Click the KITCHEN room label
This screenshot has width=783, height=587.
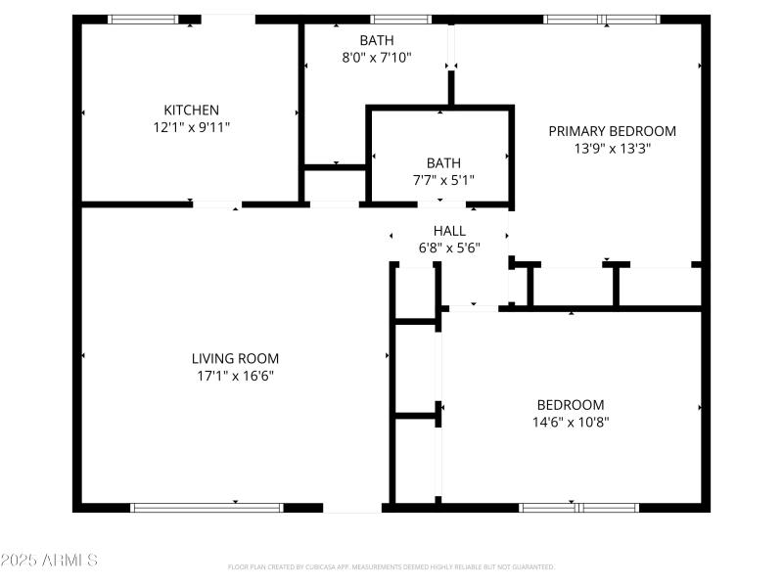pyautogui.click(x=191, y=110)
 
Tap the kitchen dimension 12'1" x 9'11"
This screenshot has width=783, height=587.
pyautogui.click(x=191, y=127)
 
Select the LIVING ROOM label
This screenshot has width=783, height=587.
pyautogui.click(x=235, y=358)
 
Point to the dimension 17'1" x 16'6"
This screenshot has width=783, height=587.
pyautogui.click(x=235, y=376)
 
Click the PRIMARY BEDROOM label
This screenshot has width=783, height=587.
pyautogui.click(x=612, y=131)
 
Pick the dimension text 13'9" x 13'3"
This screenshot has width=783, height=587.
pyautogui.click(x=612, y=149)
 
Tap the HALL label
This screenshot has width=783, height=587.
pyautogui.click(x=449, y=230)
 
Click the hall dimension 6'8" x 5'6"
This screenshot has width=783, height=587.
pyautogui.click(x=449, y=248)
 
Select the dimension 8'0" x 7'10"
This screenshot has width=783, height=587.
pyautogui.click(x=377, y=58)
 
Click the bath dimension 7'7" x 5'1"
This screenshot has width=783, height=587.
pyautogui.click(x=442, y=180)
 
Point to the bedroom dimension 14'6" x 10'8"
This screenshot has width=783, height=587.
pyautogui.click(x=570, y=423)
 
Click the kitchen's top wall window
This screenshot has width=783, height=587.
pyautogui.click(x=142, y=19)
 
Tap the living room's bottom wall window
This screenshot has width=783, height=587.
pyautogui.click(x=207, y=508)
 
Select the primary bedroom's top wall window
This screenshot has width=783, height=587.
pyautogui.click(x=602, y=19)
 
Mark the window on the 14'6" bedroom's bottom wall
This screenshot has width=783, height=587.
pyautogui.click(x=578, y=508)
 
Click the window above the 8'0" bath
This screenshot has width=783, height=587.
pyautogui.click(x=400, y=19)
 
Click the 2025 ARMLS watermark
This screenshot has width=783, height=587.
pyautogui.click(x=49, y=561)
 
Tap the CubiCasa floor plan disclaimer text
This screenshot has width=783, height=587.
pyautogui.click(x=391, y=566)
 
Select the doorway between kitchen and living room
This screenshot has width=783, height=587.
pyautogui.click(x=216, y=204)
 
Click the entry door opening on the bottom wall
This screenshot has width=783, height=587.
pyautogui.click(x=352, y=508)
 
